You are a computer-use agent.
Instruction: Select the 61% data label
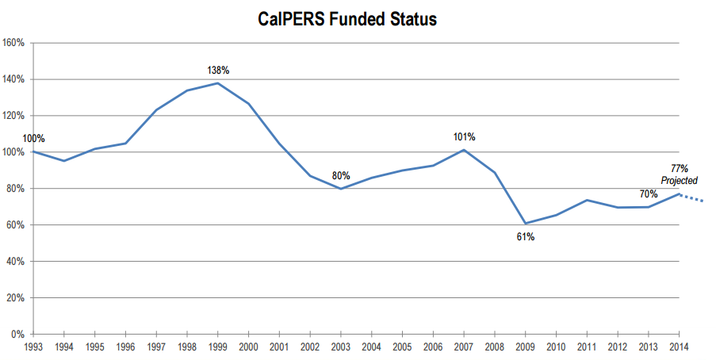pos(525,236)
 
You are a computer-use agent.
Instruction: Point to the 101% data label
pos(465,137)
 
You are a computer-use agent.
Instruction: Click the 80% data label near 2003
pos(341,175)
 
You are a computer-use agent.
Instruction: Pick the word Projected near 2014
pos(679,181)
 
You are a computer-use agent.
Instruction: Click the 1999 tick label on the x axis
pos(218,347)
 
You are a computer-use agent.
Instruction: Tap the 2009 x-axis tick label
pos(525,347)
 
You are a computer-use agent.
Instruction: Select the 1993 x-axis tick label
pos(33,347)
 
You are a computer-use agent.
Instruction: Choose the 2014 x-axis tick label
pos(679,347)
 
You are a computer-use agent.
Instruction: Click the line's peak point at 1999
pos(218,83)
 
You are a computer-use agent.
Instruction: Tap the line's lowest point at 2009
pos(525,223)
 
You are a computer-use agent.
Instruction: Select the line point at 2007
pos(464,150)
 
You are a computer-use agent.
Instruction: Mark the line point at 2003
pos(341,189)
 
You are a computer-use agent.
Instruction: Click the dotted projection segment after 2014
pos(693,198)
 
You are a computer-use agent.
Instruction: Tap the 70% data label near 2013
pos(649,194)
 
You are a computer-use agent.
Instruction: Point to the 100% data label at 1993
pos(34,139)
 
